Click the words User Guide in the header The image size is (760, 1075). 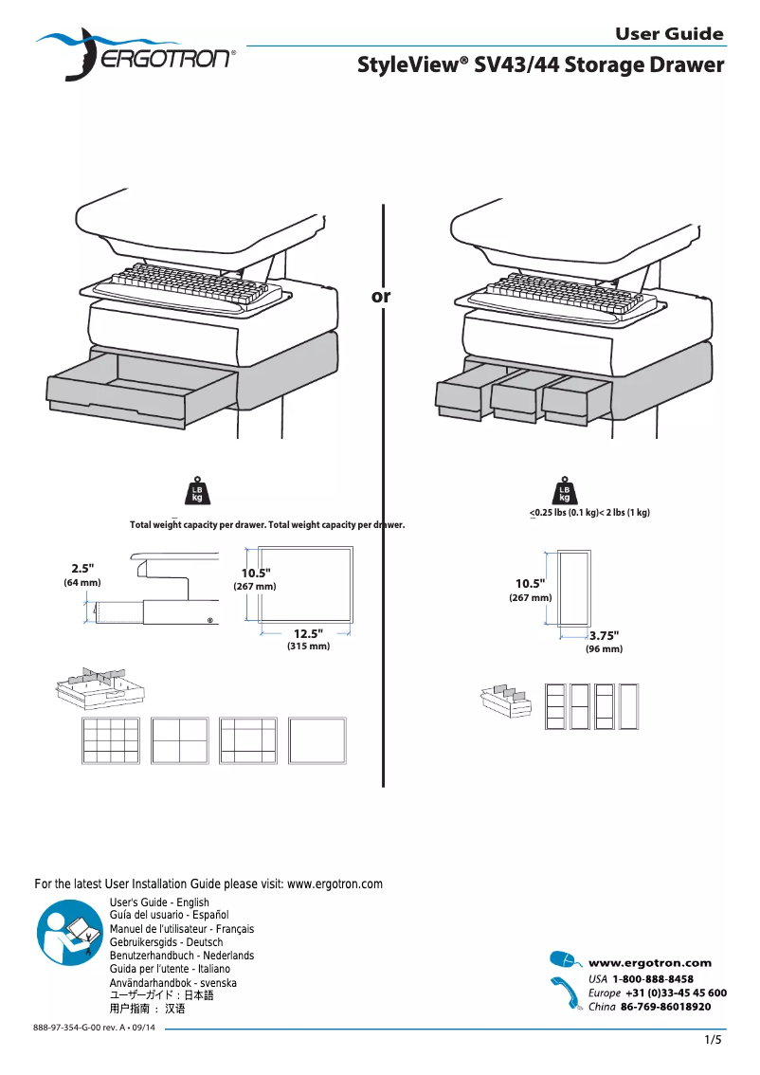(x=669, y=34)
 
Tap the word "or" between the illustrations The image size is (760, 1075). (x=381, y=297)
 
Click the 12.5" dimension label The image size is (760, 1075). (x=308, y=633)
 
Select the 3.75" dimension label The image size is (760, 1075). (x=604, y=636)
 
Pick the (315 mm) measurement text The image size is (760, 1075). (x=308, y=647)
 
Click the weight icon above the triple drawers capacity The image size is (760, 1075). (x=565, y=490)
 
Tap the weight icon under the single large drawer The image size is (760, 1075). (x=197, y=490)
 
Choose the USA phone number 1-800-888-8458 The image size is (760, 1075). (x=653, y=979)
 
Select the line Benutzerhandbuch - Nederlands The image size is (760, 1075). (x=182, y=957)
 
